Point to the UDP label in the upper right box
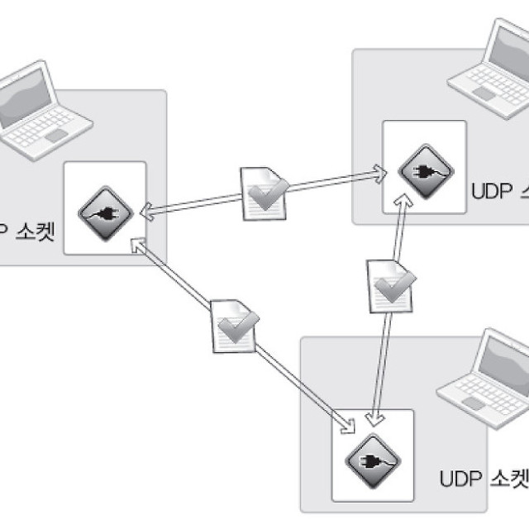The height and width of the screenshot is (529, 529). coord(493,191)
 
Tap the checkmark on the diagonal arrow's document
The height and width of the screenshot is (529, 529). coord(241,328)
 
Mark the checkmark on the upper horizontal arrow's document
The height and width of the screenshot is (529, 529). coord(269,194)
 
